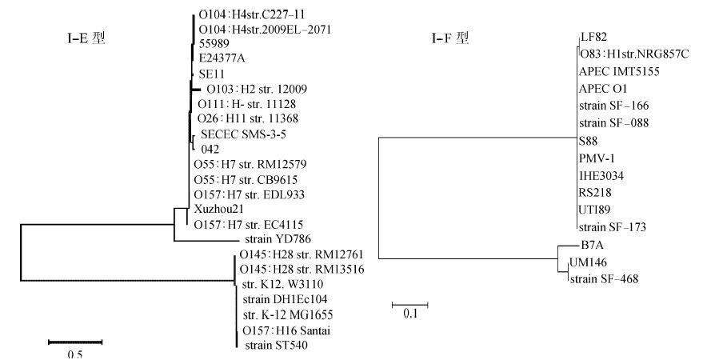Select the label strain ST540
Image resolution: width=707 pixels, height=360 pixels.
click(x=274, y=346)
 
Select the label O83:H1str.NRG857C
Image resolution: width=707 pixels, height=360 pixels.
click(x=634, y=54)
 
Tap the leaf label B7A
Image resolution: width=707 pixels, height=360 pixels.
click(x=591, y=247)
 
